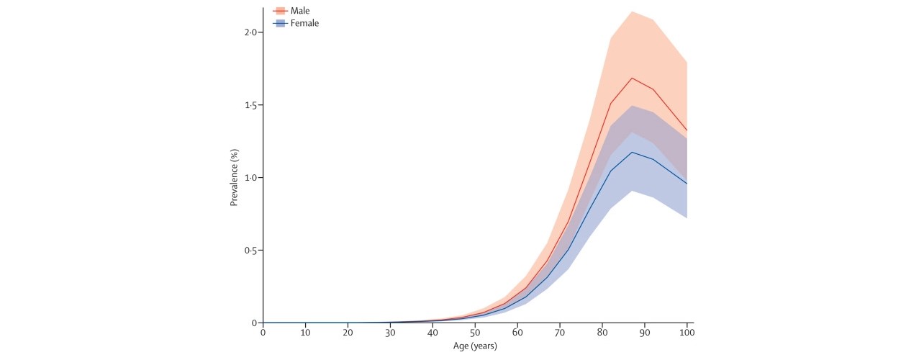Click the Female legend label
(x=305, y=23)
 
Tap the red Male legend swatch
(x=280, y=11)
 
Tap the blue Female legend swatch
(x=280, y=23)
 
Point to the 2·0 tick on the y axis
(x=251, y=32)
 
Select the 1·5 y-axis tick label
(x=251, y=105)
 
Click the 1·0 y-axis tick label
(x=251, y=178)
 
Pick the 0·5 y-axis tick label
(x=251, y=251)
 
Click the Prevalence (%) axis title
(x=234, y=178)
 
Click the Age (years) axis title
(x=475, y=346)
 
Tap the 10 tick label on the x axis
(x=305, y=333)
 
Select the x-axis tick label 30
(x=390, y=333)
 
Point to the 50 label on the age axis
(x=475, y=333)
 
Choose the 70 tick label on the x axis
(x=560, y=333)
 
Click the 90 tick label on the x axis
(x=645, y=333)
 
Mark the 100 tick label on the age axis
(x=687, y=333)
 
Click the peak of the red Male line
(x=632, y=78)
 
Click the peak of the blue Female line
(x=632, y=152)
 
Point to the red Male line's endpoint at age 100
(x=687, y=130)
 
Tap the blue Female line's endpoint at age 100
(x=687, y=184)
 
